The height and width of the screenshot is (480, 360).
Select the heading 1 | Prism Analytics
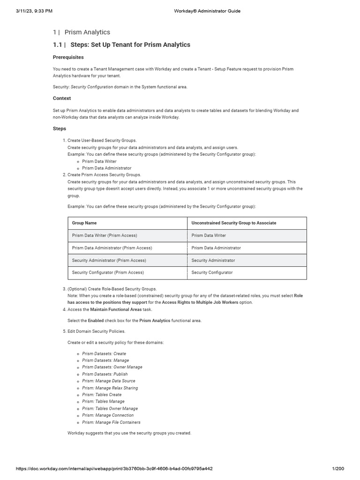click(x=82, y=32)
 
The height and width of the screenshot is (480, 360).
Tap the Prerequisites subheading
click(x=68, y=57)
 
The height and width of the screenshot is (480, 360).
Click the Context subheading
click(x=62, y=98)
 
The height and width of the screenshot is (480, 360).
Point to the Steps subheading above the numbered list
click(x=60, y=128)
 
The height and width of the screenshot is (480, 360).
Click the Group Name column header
click(x=84, y=223)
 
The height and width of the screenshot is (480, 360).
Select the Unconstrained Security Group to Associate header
click(x=233, y=223)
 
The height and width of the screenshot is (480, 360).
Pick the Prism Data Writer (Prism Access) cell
click(x=105, y=235)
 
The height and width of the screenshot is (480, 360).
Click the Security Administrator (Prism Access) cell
click(x=109, y=260)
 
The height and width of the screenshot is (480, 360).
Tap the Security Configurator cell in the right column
click(x=212, y=272)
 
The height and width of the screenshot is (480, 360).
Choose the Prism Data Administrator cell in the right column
click(x=216, y=247)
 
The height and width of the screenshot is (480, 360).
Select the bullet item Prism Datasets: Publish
click(x=105, y=374)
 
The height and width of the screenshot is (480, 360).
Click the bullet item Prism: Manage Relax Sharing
click(x=110, y=388)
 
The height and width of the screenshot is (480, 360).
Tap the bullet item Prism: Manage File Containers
click(x=111, y=422)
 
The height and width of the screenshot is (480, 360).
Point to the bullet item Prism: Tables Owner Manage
click(x=110, y=408)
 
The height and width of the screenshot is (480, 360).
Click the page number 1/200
click(x=337, y=469)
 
